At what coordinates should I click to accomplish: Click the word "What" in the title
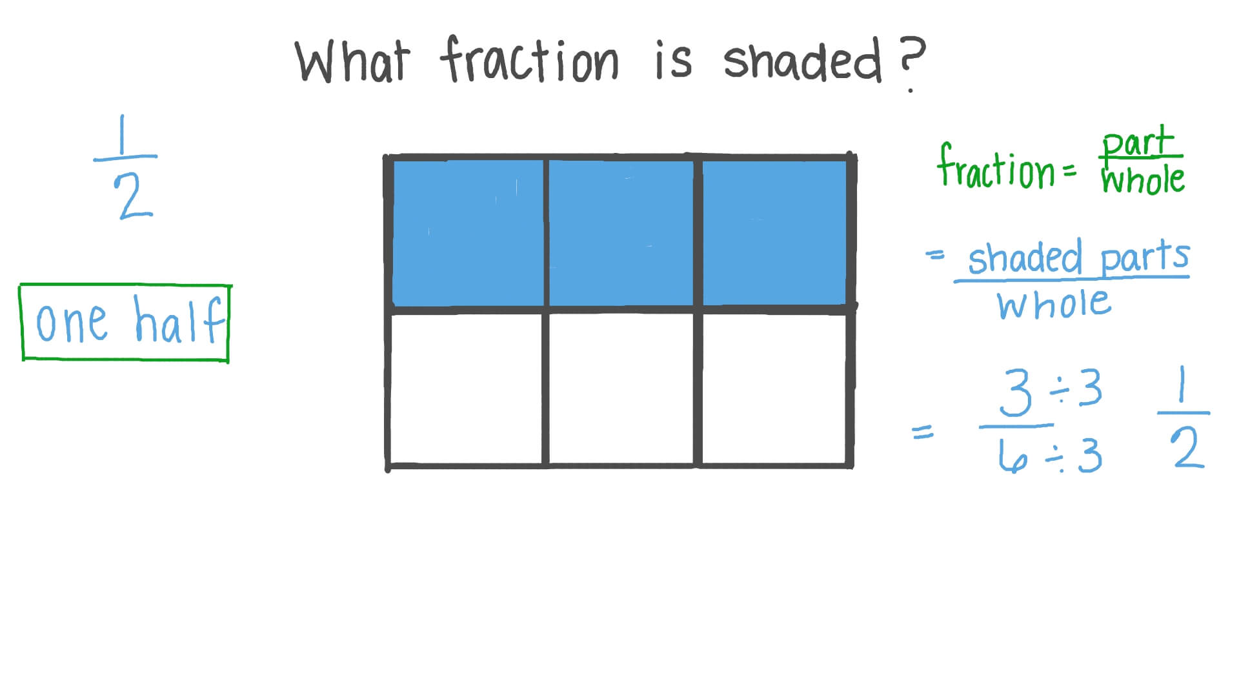[x=352, y=61]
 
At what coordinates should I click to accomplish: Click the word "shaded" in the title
[x=802, y=61]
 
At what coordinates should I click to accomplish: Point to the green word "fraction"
[x=996, y=168]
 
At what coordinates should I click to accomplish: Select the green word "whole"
[x=1143, y=180]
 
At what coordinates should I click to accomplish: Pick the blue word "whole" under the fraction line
[x=1054, y=304]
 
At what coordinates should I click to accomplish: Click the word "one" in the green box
[x=71, y=323]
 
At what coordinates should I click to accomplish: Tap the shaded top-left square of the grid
[x=468, y=233]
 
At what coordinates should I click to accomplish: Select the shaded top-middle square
[x=621, y=233]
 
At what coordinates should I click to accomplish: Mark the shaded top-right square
[x=774, y=233]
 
